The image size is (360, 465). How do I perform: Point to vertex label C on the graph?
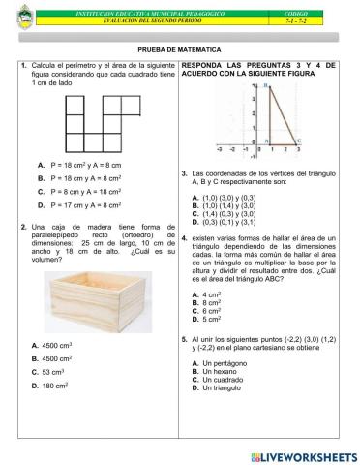point(298,141)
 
